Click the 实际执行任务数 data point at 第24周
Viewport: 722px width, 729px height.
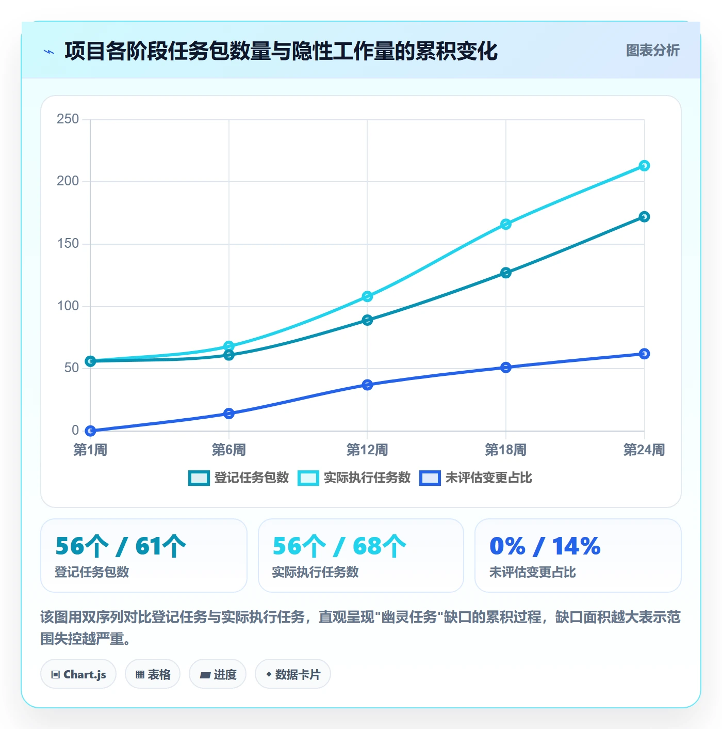coord(644,166)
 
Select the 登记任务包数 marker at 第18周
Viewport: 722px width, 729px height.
coord(506,273)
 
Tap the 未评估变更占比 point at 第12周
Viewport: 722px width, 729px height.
coord(367,385)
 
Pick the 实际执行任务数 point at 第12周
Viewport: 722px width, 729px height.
coord(367,296)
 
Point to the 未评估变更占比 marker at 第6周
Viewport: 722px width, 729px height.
coord(228,414)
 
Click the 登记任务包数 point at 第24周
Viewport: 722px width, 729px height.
coord(644,217)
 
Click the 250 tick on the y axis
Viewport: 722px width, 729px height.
coord(68,119)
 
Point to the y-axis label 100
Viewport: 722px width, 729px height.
coord(68,306)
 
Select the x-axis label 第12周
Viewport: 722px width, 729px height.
coord(367,450)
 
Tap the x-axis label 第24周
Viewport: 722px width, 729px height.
coord(644,450)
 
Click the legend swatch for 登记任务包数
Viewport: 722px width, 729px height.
coord(199,478)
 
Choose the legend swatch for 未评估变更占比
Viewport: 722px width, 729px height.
coord(430,478)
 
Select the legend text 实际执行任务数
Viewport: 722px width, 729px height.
coord(367,478)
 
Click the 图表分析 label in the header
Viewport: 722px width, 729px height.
coord(652,50)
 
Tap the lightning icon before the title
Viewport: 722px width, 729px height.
coord(49,52)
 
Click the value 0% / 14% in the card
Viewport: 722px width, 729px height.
coord(545,546)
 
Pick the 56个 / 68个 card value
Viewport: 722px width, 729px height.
coord(339,546)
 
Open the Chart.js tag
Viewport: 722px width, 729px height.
coord(78,674)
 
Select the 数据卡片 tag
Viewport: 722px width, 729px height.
coord(293,674)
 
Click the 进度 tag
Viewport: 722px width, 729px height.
coord(218,674)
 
